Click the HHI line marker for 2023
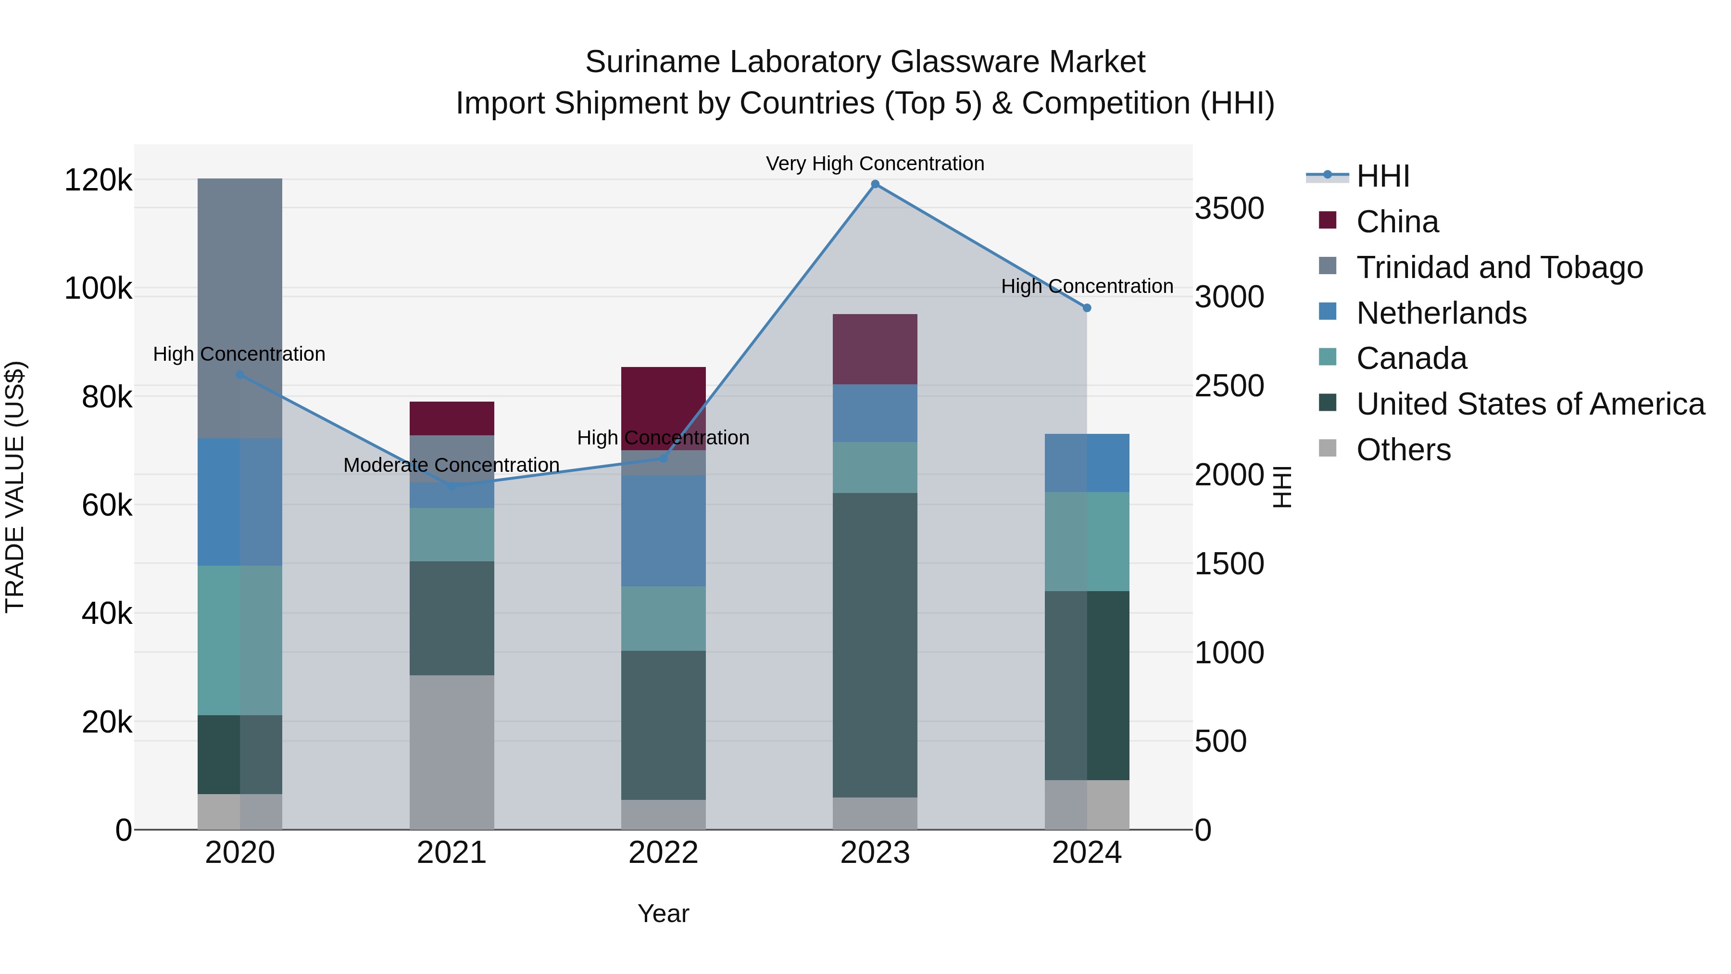pyautogui.click(x=875, y=184)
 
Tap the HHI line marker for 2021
pyautogui.click(x=452, y=486)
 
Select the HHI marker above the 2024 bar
pyautogui.click(x=1087, y=308)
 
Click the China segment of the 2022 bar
pyautogui.click(x=663, y=404)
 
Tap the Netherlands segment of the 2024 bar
pyautogui.click(x=1087, y=463)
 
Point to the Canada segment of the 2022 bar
pyautogui.click(x=663, y=619)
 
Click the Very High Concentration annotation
pyautogui.click(x=875, y=164)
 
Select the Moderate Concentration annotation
pyautogui.click(x=452, y=465)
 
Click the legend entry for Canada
pyautogui.click(x=1411, y=358)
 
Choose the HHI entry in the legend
pyautogui.click(x=1383, y=176)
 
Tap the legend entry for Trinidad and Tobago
pyautogui.click(x=1498, y=267)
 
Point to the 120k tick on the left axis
pyautogui.click(x=98, y=180)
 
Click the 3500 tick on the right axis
pyautogui.click(x=1229, y=208)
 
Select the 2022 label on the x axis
pyautogui.click(x=663, y=853)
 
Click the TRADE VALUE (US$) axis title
pyautogui.click(x=15, y=487)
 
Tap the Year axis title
pyautogui.click(x=663, y=913)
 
